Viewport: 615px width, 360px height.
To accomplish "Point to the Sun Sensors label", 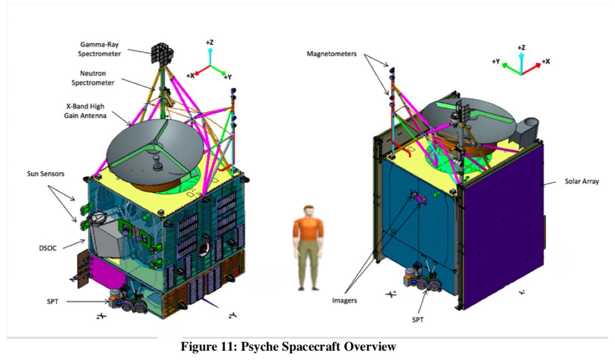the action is pyautogui.click(x=46, y=173).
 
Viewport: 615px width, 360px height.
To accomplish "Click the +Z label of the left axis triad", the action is pyautogui.click(x=210, y=42).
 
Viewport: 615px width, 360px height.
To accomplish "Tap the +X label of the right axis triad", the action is pyautogui.click(x=546, y=61).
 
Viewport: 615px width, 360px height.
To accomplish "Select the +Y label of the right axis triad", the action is pyautogui.click(x=497, y=61).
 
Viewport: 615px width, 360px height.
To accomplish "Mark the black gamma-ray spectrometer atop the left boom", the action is pyautogui.click(x=161, y=52).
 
